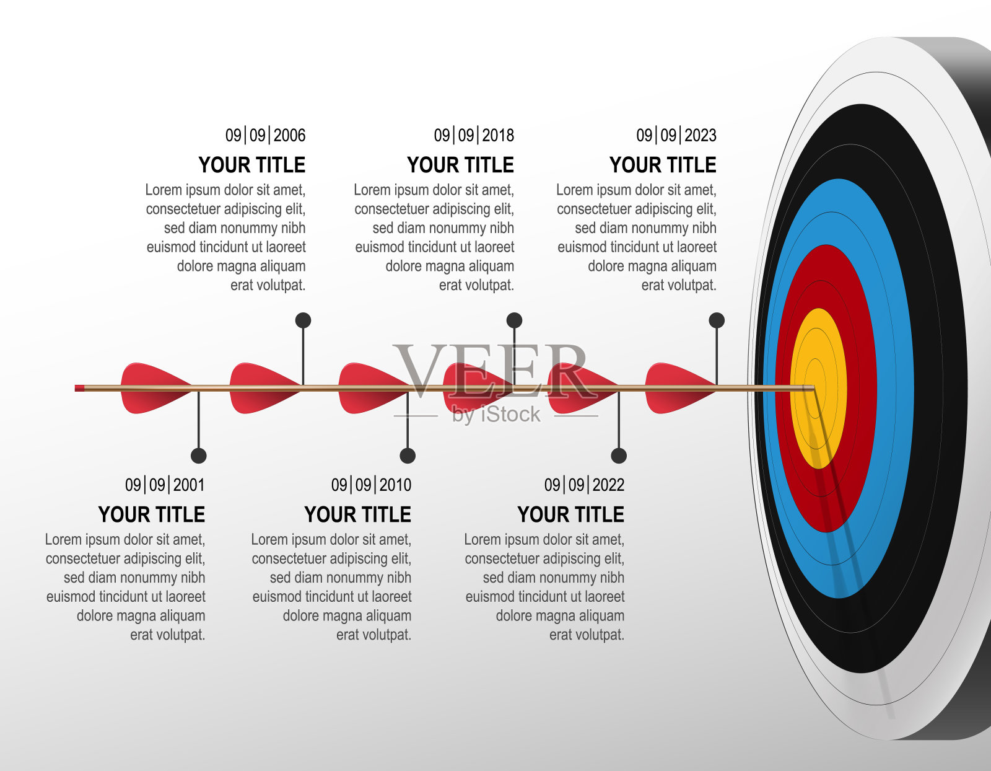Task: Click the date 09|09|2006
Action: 266,136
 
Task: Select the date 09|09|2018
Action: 474,136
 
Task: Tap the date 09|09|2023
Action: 676,136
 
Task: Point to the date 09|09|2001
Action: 165,485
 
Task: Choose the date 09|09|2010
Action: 371,485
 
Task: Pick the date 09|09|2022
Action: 584,485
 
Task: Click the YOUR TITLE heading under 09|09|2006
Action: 251,165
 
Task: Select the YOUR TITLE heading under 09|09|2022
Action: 570,514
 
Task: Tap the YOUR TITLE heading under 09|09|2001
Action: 151,514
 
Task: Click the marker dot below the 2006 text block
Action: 303,320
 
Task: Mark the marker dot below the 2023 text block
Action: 717,320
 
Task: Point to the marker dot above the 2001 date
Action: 199,456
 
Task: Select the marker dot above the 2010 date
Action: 408,456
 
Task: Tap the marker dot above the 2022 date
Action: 619,456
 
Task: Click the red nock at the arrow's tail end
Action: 80,388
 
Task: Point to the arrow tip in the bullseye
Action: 813,388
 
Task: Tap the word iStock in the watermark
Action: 511,414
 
